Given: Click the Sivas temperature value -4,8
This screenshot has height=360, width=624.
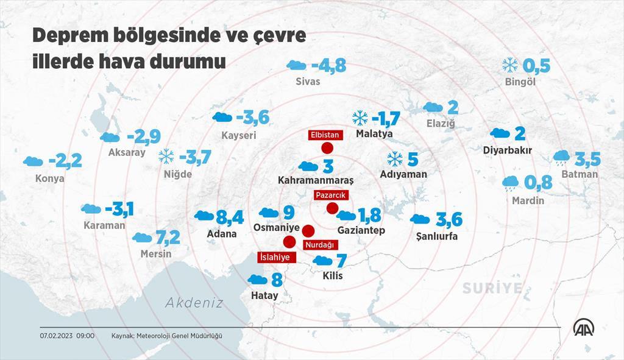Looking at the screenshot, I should coord(328,66).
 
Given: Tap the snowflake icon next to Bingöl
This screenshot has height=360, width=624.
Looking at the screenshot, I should coord(509,65).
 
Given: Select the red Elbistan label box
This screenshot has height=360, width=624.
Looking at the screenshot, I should coord(324,135).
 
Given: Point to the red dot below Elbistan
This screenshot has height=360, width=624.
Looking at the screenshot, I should coord(327,148).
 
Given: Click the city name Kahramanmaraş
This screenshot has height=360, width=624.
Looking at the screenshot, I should coord(315,180).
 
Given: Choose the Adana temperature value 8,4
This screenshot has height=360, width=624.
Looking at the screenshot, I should coord(230,217).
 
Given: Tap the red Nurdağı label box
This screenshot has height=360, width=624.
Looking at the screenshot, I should coord(319,244).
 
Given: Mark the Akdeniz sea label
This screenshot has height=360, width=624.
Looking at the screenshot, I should coord(194,302).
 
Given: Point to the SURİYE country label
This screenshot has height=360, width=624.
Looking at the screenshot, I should coord(492,288).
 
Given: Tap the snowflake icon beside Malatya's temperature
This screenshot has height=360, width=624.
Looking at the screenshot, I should coord(360,117).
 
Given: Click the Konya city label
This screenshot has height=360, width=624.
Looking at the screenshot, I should coord(50,178).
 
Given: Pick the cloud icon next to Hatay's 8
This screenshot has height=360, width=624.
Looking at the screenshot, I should coord(258,280).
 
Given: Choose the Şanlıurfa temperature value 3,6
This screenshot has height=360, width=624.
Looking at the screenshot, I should coord(448,219).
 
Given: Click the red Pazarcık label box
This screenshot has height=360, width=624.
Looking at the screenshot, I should coord(330,196).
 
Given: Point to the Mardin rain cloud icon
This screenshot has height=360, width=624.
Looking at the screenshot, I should coord(510,182).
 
